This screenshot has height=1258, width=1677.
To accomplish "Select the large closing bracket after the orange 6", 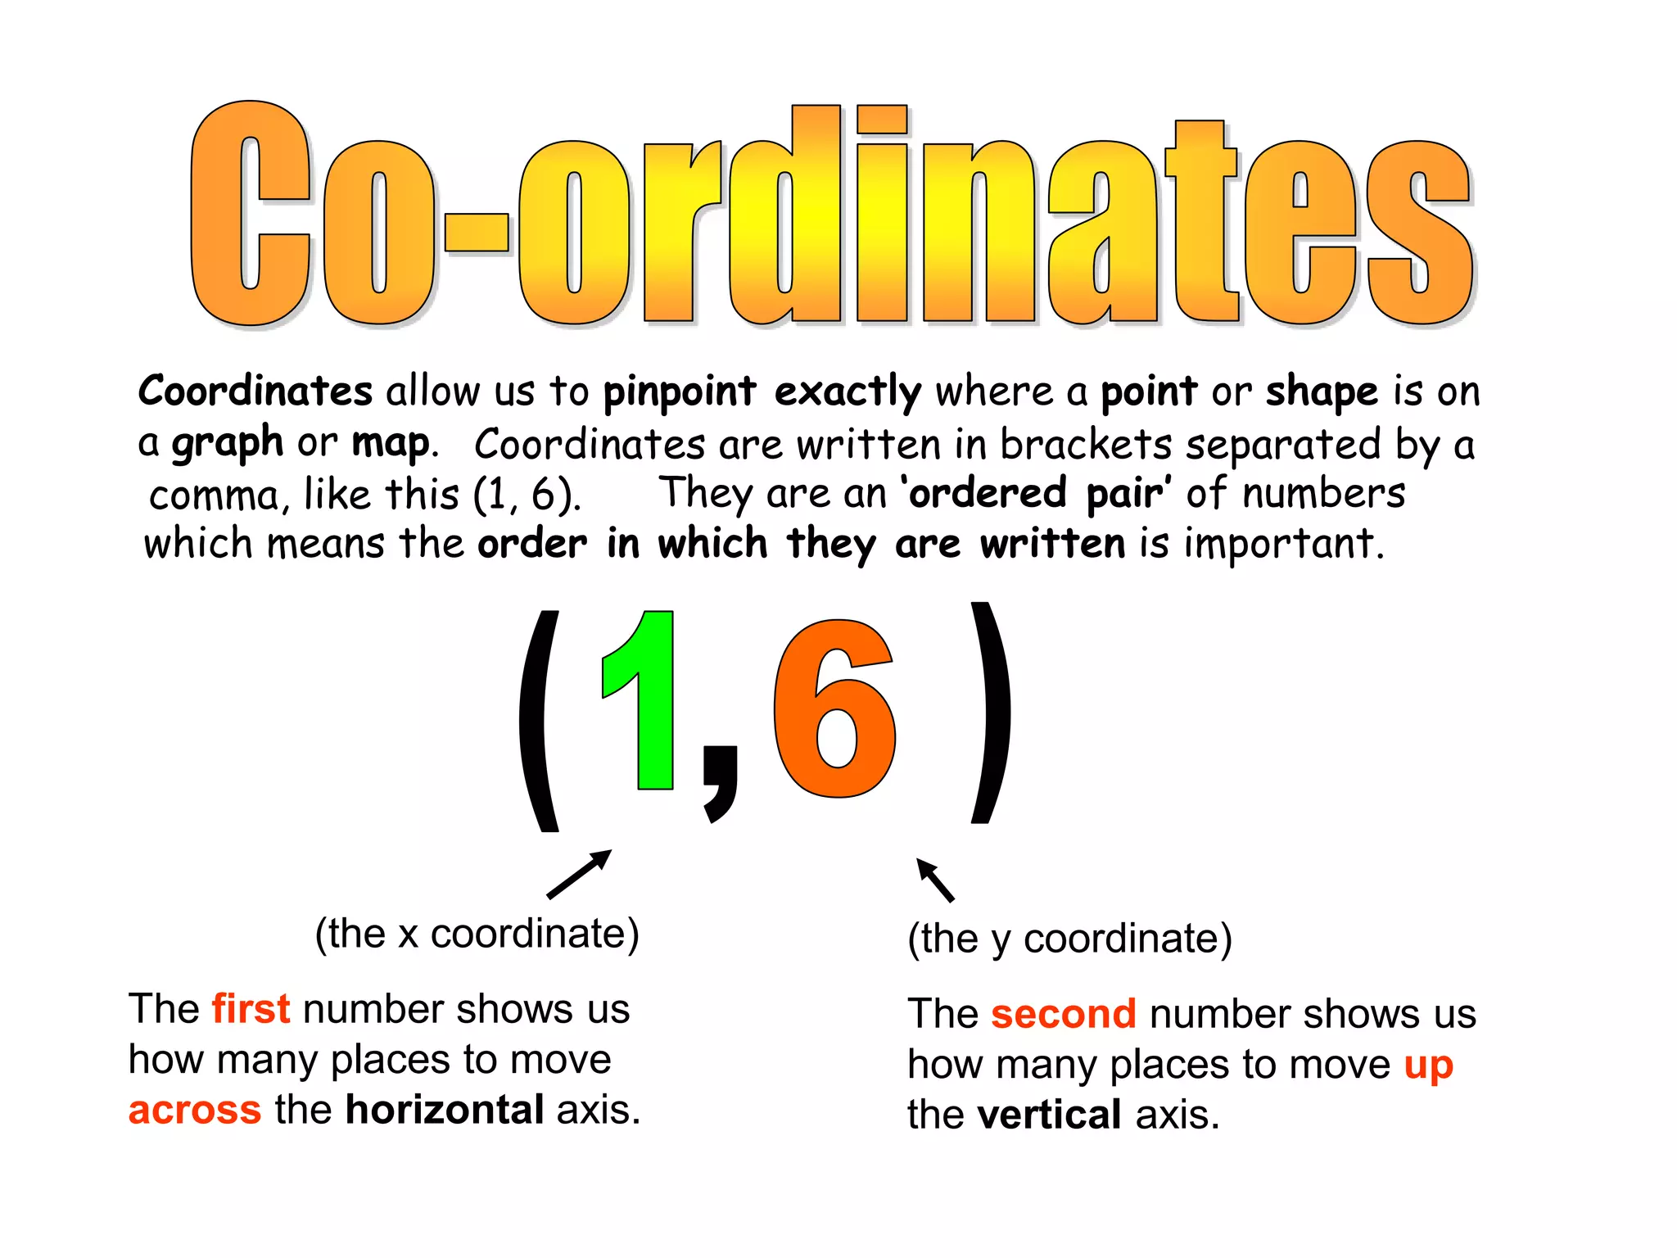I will pos(990,713).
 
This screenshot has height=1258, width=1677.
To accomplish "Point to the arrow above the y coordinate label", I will pos(935,880).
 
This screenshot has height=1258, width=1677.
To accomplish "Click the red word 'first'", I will pos(251,1008).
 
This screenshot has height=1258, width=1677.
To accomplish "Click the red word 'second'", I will pos(1063,1014).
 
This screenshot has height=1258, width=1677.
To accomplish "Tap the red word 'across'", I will pos(195,1110).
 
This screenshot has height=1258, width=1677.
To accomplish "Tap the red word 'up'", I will pos(1428,1065).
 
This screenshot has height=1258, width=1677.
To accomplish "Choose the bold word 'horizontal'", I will pos(445,1110).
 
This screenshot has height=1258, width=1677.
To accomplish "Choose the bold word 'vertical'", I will pos(1049,1115).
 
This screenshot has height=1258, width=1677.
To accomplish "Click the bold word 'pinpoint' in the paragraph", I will pos(680,391).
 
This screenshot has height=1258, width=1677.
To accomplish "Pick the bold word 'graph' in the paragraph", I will pos(227,444).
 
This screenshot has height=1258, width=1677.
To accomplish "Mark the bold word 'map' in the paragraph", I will pos(391,444).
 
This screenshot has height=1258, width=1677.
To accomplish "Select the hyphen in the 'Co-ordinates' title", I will pos(477,232).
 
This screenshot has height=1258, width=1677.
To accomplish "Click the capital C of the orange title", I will pos(250,215).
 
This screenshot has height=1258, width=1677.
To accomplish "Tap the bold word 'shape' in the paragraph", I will pos(1322,391).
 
